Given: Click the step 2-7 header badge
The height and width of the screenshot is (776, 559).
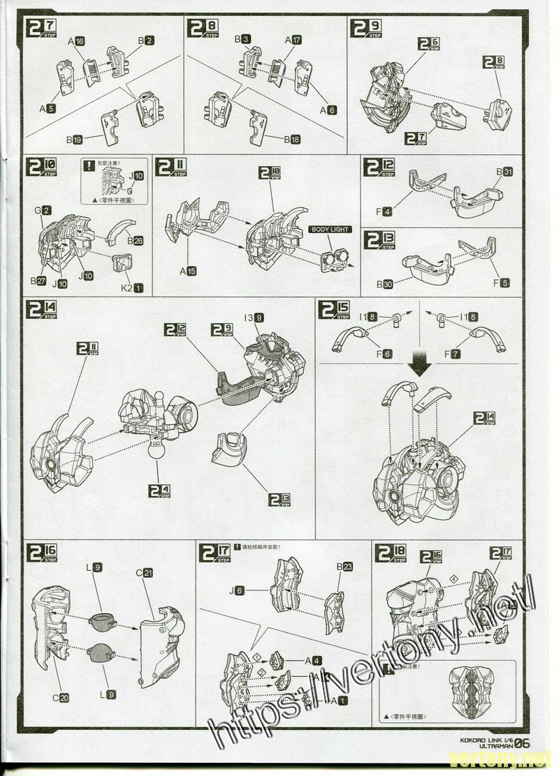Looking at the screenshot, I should coord(41,29).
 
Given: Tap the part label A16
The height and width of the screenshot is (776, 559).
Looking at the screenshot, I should coord(76,42).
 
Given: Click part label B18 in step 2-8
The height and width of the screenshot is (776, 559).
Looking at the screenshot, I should coord(292,140).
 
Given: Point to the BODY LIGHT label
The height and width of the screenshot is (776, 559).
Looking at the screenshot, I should coord(329,230).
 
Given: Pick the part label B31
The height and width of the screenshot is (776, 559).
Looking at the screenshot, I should coord(504,172).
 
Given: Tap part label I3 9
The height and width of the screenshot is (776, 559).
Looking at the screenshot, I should coord(254,318).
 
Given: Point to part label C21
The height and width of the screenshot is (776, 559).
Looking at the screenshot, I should coord(145,573).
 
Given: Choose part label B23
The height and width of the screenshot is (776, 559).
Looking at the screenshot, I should coord(344,567).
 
